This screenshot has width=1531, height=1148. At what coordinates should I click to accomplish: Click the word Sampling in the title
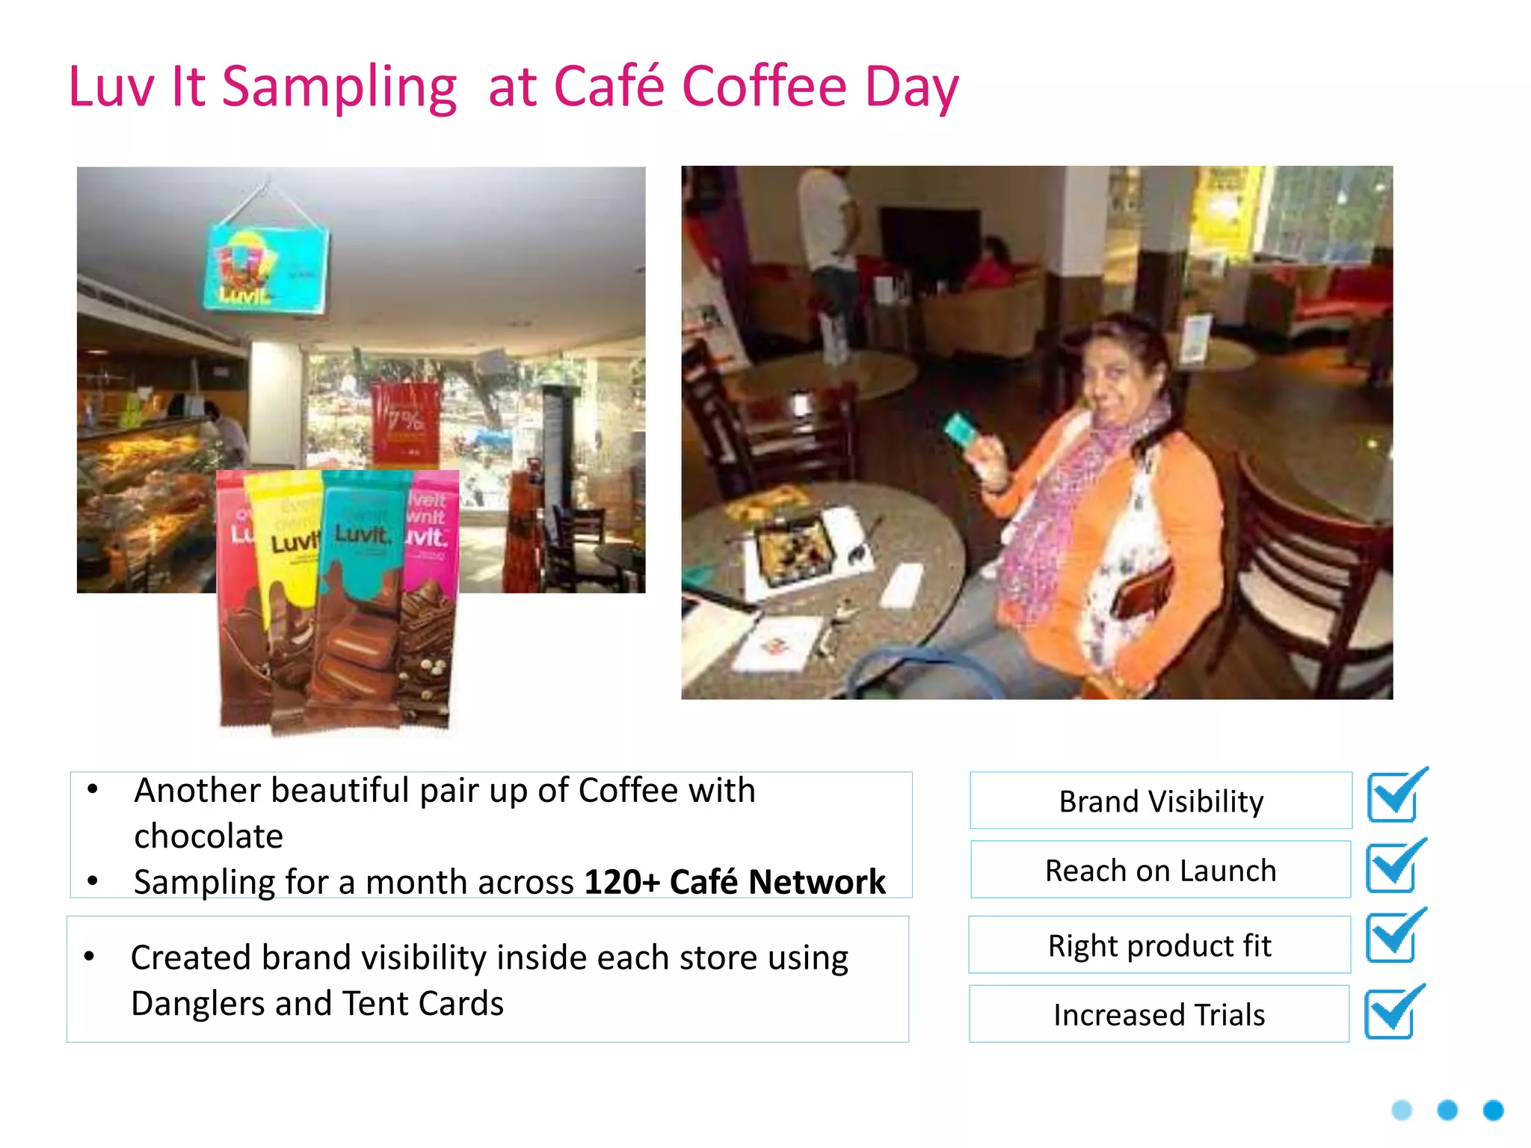(339, 88)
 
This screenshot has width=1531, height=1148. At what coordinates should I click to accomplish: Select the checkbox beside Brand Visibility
(1393, 797)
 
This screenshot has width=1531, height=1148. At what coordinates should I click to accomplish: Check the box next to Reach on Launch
(1391, 867)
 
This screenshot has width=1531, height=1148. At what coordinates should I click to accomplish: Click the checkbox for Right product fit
(1391, 937)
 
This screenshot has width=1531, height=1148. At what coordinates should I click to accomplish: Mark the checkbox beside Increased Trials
(1390, 1012)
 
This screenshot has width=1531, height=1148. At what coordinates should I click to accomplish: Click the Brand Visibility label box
(1160, 800)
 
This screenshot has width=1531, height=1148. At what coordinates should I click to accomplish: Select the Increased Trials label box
(1159, 1014)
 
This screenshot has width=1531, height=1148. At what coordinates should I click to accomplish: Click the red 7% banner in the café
(406, 422)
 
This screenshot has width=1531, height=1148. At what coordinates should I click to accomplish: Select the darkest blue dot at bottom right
(1493, 1110)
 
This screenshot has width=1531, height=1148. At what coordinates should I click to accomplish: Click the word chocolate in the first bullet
(209, 836)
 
